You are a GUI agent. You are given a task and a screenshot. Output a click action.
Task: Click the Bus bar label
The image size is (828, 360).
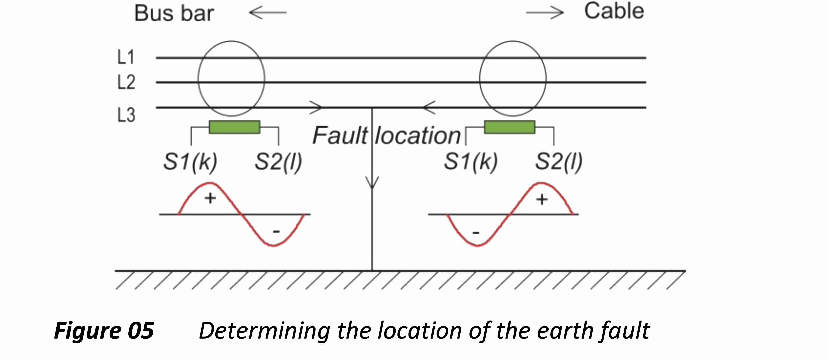coord(174,14)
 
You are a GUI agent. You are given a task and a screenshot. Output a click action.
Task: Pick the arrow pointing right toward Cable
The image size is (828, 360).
coord(544,13)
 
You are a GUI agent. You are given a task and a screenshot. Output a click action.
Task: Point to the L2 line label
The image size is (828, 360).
coord(126,82)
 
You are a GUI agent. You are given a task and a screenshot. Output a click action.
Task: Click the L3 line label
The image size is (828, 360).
coord(126,115)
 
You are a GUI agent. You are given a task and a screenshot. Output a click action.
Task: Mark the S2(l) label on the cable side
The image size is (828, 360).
coord(559,162)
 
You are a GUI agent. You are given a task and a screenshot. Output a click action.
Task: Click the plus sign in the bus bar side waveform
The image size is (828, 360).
coord(210,198)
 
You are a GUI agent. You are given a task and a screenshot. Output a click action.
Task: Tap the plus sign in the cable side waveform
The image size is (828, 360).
coord(542,200)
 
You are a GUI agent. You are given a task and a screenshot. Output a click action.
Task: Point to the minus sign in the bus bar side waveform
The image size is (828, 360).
coord(276,231)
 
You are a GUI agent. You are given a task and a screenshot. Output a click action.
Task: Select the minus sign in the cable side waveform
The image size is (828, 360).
coord(476,233)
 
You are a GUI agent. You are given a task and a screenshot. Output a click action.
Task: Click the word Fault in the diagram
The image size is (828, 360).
coord(340,136)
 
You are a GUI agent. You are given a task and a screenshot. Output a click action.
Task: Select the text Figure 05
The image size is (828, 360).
coord(104,331)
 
